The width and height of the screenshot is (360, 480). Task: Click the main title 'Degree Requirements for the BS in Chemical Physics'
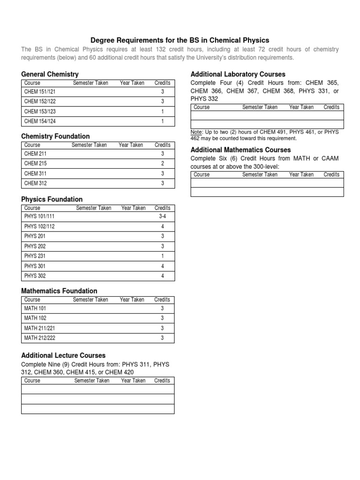pyautogui.click(x=180, y=40)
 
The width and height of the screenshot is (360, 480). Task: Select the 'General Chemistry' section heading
pyautogui.click(x=50, y=74)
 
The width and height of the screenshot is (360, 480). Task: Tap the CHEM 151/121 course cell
pyautogui.click(x=39, y=92)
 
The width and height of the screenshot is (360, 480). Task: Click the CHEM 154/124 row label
pyautogui.click(x=39, y=121)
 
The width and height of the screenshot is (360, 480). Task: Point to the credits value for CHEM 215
pyautogui.click(x=162, y=164)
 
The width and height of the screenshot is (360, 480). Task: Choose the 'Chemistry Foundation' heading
pyautogui.click(x=55, y=136)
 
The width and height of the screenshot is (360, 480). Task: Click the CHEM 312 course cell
pyautogui.click(x=35, y=183)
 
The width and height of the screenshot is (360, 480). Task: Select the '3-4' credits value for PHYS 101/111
pyautogui.click(x=162, y=217)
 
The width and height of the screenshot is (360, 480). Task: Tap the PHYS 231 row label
pyautogui.click(x=35, y=256)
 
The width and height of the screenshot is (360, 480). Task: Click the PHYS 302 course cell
pyautogui.click(x=35, y=276)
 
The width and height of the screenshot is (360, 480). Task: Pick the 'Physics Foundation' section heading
pyautogui.click(x=52, y=199)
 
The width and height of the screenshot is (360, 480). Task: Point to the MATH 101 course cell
pyautogui.click(x=35, y=308)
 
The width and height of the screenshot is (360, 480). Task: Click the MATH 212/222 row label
pyautogui.click(x=39, y=337)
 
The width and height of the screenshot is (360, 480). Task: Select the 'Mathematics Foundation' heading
pyautogui.click(x=59, y=291)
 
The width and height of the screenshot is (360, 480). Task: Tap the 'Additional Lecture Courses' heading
pyautogui.click(x=63, y=355)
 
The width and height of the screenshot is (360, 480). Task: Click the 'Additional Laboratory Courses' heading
pyautogui.click(x=238, y=74)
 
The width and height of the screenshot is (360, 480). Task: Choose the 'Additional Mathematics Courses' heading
pyautogui.click(x=240, y=150)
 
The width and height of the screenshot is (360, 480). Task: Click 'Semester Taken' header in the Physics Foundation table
pyautogui.click(x=94, y=208)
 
